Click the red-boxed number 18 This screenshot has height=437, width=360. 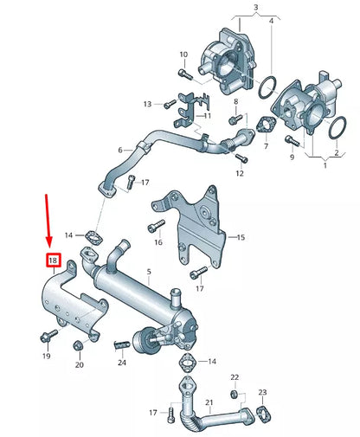[53, 260]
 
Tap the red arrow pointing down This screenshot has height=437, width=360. [48, 221]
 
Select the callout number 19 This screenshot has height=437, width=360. [47, 356]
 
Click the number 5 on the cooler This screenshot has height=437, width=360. [149, 272]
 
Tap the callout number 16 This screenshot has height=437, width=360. [158, 244]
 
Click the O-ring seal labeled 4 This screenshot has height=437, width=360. [267, 87]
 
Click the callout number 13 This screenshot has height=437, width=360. [147, 104]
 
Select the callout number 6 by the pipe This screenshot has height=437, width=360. [120, 150]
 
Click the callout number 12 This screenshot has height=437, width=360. [240, 174]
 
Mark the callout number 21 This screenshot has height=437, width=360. [208, 403]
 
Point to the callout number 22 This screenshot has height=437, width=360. [234, 378]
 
